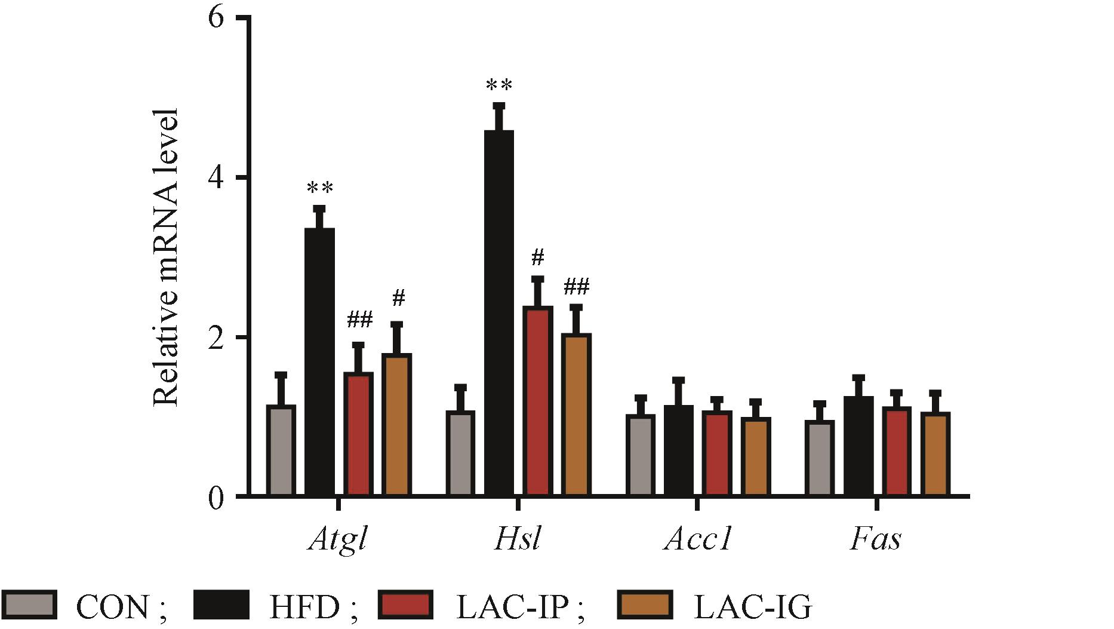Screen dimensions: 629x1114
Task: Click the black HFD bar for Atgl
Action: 319,361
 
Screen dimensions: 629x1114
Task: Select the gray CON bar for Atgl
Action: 281,450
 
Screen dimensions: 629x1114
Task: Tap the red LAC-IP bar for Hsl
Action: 537,401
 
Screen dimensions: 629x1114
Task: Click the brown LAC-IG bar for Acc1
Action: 755,456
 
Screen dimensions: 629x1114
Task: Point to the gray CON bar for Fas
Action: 819,458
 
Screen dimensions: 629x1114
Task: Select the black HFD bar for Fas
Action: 858,446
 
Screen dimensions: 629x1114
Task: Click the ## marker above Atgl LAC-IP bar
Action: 359,321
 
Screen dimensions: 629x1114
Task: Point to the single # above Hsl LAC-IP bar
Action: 537,258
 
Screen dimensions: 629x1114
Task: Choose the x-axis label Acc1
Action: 697,540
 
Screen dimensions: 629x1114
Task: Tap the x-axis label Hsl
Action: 518,540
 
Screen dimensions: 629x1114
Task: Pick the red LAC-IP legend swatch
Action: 405,605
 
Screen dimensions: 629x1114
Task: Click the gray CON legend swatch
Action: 29,605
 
